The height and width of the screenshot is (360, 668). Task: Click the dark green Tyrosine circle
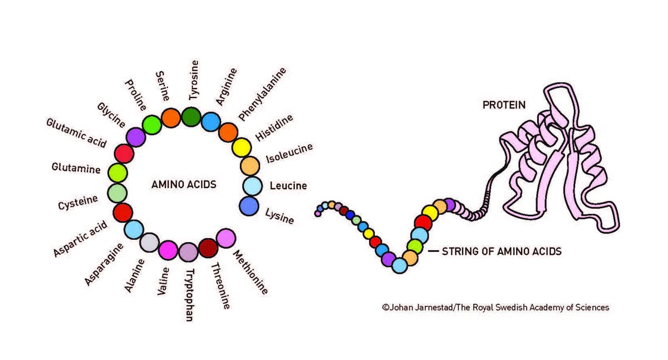tap(191, 117)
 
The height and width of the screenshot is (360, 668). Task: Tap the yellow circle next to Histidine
tap(242, 147)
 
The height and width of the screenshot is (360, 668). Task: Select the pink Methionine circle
tap(225, 238)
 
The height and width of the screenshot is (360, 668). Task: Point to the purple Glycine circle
tap(135, 137)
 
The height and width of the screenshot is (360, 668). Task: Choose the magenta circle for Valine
tap(168, 251)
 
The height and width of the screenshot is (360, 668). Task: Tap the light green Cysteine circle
tap(117, 193)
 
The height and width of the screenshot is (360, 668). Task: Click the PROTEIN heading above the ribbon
tap(504, 104)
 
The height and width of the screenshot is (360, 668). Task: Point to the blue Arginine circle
tap(211, 121)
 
